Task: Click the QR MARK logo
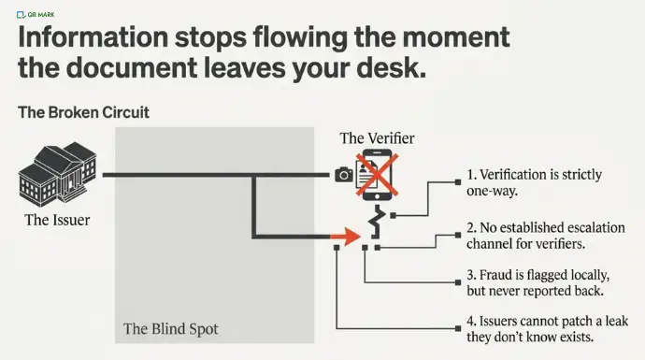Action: [36, 15]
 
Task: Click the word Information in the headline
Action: [93, 37]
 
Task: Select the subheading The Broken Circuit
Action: [83, 112]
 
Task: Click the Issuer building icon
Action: [58, 174]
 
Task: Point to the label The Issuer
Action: [57, 220]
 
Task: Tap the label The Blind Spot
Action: [171, 329]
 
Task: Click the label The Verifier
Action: [377, 138]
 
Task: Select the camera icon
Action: [344, 175]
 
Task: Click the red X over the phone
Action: [377, 175]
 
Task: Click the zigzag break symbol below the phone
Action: [378, 223]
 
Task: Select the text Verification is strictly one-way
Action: [534, 182]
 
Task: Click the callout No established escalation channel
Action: [546, 236]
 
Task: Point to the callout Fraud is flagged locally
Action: [538, 282]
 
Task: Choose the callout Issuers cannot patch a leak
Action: [547, 329]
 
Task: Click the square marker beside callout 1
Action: [458, 182]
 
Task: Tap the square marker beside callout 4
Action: [458, 328]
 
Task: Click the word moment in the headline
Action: [456, 37]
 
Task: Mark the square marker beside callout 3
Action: [458, 282]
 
